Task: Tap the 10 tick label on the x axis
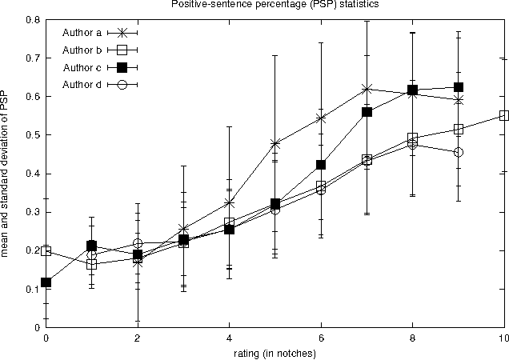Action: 503,338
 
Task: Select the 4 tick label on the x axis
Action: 229,338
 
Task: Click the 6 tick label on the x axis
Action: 321,338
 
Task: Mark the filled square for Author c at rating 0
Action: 46,282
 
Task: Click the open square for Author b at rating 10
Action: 503,115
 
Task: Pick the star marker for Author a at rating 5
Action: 275,144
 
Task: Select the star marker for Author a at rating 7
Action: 367,89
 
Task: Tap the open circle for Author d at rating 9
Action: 458,152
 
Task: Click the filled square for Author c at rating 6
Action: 321,165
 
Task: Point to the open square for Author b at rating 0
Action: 46,251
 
